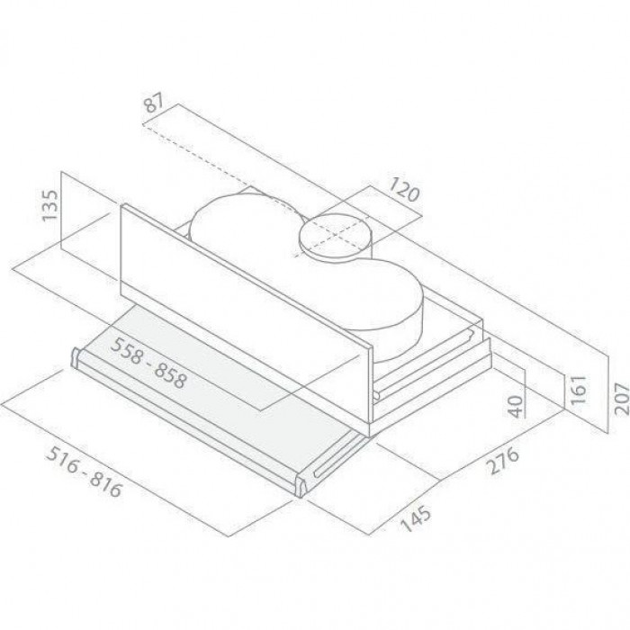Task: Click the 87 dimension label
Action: (x=154, y=103)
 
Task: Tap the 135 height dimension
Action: (x=50, y=205)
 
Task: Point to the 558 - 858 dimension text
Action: (x=148, y=363)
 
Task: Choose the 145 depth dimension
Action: (x=417, y=518)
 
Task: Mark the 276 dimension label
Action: (x=502, y=461)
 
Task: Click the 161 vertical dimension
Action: (x=578, y=390)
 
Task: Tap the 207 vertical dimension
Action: (x=621, y=399)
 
